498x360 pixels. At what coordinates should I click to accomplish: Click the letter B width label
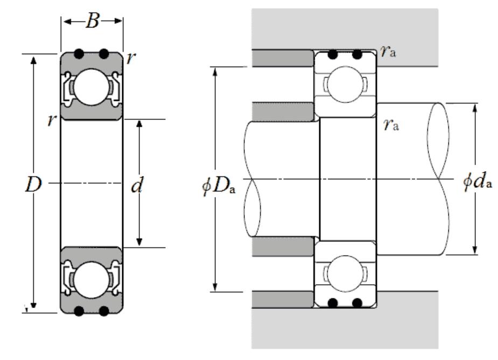pyautogui.click(x=93, y=22)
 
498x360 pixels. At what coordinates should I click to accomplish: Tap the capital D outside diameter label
pyautogui.click(x=33, y=184)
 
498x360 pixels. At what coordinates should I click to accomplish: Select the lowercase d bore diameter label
pyautogui.click(x=137, y=185)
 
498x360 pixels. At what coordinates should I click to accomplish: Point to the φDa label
pyautogui.click(x=219, y=186)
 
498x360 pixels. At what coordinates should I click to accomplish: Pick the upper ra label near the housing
pyautogui.click(x=388, y=51)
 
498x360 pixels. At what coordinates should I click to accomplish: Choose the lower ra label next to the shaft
pyautogui.click(x=391, y=124)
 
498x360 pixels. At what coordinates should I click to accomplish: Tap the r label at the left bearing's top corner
pyautogui.click(x=131, y=58)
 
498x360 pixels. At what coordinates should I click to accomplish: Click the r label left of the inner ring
pyautogui.click(x=52, y=121)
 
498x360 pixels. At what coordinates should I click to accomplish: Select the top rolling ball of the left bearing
pyautogui.click(x=92, y=87)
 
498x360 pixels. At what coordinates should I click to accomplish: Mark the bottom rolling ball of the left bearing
pyautogui.click(x=92, y=280)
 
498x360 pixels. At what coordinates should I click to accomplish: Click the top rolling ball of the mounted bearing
pyautogui.click(x=346, y=84)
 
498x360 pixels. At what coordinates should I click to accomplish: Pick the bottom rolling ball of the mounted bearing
pyautogui.click(x=346, y=274)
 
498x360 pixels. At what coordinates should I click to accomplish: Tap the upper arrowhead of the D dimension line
pyautogui.click(x=33, y=60)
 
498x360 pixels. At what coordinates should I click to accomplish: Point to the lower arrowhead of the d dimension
pyautogui.click(x=139, y=241)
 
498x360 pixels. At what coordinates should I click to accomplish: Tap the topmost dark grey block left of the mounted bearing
pyautogui.click(x=283, y=58)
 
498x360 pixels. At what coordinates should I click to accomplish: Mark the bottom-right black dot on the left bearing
pyautogui.click(x=104, y=311)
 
